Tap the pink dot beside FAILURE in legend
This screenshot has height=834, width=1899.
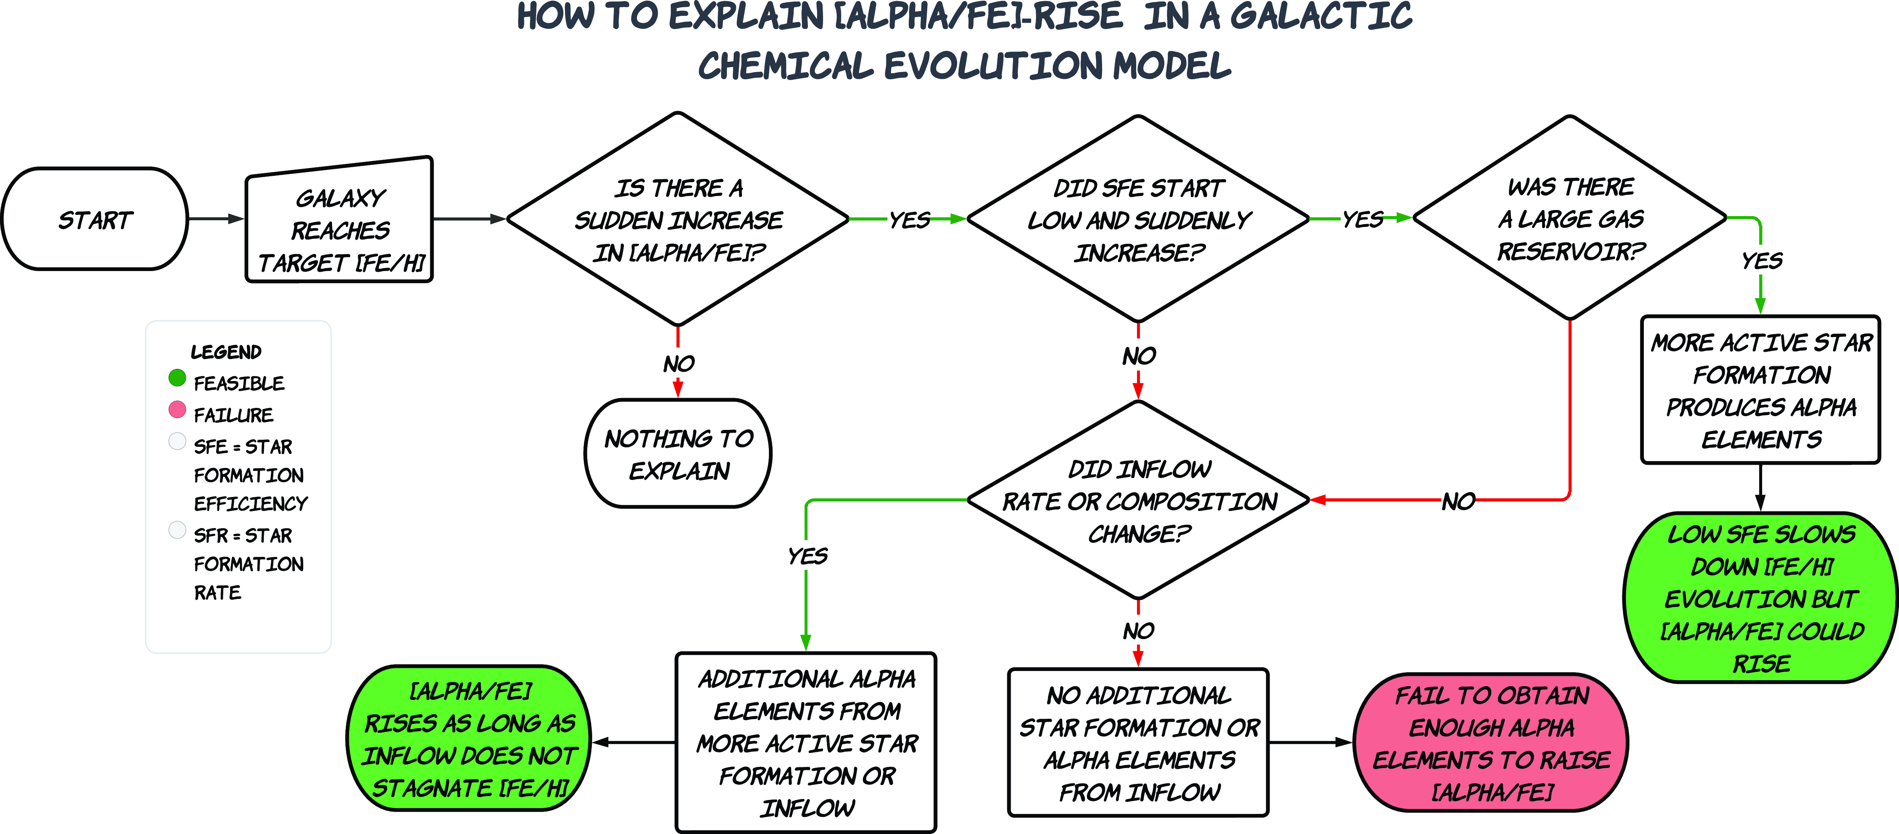click(x=177, y=409)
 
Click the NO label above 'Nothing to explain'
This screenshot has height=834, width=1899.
click(x=678, y=364)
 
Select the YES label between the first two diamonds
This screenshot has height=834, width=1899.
click(x=909, y=220)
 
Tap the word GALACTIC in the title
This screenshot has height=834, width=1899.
click(x=1321, y=16)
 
